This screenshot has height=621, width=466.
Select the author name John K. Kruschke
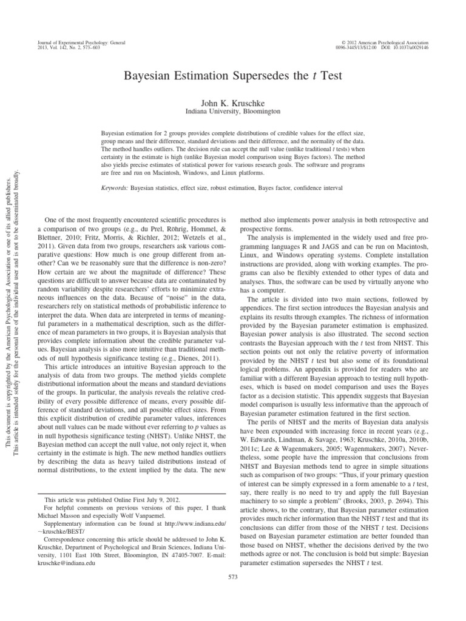233,103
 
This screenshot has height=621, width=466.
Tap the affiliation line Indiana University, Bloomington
233,112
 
